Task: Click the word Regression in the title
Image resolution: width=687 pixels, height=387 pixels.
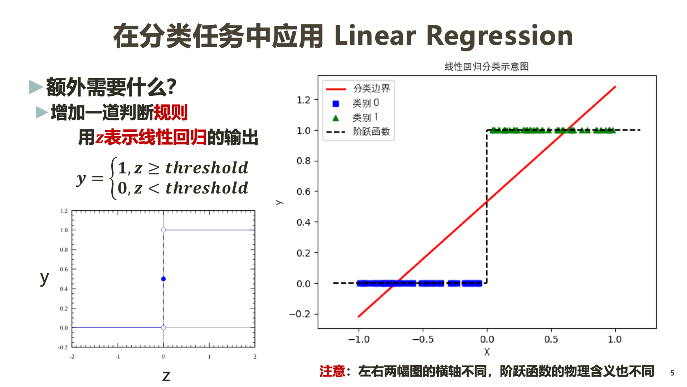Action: pos(500,36)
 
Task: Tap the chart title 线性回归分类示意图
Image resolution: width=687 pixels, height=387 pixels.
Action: pos(486,67)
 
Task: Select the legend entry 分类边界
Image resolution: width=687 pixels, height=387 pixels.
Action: pos(371,89)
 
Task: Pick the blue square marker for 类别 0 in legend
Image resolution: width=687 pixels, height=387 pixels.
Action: pos(336,104)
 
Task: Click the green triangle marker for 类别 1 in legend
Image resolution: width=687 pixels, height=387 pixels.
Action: pos(336,118)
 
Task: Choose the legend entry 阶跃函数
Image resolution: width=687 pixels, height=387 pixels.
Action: pos(371,132)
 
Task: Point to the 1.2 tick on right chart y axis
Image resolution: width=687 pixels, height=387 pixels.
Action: pos(303,100)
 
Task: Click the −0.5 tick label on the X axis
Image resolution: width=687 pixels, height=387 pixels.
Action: pos(423,339)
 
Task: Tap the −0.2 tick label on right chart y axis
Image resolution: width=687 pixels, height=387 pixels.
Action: pos(300,314)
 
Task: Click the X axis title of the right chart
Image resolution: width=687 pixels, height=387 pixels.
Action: pos(487,352)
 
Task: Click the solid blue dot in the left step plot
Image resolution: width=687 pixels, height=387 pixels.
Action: pos(164,279)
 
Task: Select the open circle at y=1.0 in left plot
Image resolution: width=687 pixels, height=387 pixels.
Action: pos(164,230)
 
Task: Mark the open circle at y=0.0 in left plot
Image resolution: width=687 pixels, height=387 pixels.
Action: pos(164,328)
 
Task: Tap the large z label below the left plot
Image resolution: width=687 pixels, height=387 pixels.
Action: pos(166,376)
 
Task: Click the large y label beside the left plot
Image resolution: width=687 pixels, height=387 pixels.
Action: pos(44,277)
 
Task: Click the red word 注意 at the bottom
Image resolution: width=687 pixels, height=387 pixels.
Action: pos(332,371)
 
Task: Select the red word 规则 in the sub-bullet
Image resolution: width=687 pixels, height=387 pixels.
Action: pos(171,113)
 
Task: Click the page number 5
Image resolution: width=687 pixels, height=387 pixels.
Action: pos(672,373)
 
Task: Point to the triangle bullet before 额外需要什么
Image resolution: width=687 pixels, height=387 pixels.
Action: pos(36,87)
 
